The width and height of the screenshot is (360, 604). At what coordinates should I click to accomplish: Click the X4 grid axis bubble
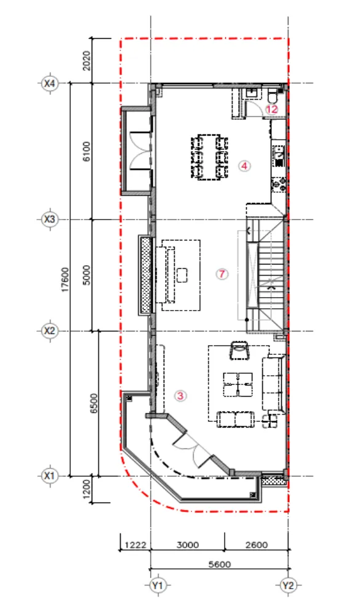point(50,83)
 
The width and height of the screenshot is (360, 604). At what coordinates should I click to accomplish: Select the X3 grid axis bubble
point(50,220)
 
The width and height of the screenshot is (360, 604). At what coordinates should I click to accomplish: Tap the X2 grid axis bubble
point(50,331)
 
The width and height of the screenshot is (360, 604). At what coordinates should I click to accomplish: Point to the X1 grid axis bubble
point(50,475)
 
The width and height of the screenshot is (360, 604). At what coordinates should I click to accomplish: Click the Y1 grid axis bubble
point(157,586)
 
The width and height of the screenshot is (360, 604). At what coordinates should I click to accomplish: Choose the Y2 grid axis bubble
point(288,586)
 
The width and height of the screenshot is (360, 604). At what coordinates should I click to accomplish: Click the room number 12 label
point(272,109)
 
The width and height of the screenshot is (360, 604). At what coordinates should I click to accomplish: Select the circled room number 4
point(244,166)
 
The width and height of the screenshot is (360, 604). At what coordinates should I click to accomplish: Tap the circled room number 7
point(222,274)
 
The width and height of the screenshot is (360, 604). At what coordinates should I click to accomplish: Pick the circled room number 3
point(180,395)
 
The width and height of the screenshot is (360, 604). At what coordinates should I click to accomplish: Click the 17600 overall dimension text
point(65,279)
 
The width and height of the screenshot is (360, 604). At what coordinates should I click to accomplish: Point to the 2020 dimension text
point(87,61)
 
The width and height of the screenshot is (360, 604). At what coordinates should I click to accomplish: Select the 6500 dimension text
point(94,403)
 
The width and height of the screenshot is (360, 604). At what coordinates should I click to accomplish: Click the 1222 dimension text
point(135,545)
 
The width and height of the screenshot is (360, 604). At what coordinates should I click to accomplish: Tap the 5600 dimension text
point(220,564)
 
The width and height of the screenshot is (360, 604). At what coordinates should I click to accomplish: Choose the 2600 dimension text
point(257,545)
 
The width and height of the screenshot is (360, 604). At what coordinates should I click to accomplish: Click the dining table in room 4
point(209,157)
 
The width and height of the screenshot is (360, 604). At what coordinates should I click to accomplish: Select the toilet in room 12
point(272,95)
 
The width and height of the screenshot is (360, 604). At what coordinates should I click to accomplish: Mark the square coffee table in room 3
point(238,384)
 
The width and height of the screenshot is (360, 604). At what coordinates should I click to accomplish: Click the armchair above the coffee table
point(239,350)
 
